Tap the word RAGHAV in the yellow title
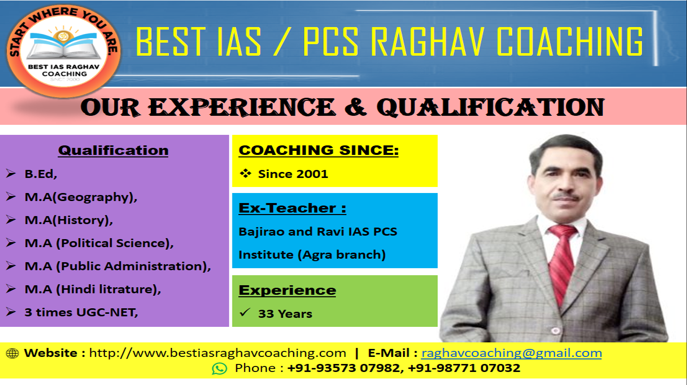pos(427,42)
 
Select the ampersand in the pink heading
pos(356,107)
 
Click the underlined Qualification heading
pos(113,150)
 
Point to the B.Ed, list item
pos(41,174)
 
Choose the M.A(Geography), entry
pos(81,197)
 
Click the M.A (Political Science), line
pos(99,243)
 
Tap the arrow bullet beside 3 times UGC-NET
pos(11,312)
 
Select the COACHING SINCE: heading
pos(319,150)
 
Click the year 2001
pos(313,174)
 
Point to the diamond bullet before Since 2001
pos(246,173)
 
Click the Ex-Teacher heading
pos(292,208)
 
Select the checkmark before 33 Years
pos(246,312)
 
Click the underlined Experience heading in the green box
pos(287,290)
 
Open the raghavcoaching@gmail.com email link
pos(512,353)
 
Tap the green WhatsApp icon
pos(219,368)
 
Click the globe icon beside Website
pos(12,353)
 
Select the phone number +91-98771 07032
pos(464,368)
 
